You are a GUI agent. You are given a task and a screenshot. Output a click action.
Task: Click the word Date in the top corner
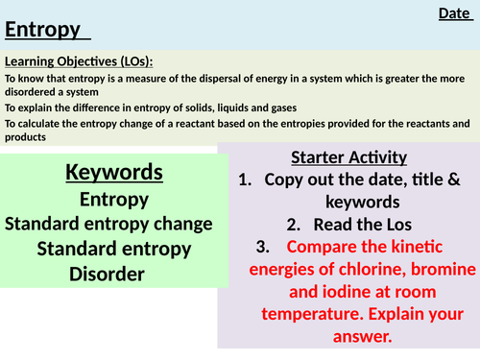tap(453, 13)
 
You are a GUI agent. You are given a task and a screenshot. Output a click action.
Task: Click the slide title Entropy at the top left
tap(43, 30)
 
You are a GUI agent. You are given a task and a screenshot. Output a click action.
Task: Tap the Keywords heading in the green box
tap(114, 173)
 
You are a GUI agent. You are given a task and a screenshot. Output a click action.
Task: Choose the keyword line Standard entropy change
tap(108, 224)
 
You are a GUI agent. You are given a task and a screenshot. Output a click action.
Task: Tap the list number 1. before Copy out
tap(246, 179)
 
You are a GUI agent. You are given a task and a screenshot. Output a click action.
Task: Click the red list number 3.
tap(263, 248)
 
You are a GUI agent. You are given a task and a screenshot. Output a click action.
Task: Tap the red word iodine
tap(323, 292)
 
